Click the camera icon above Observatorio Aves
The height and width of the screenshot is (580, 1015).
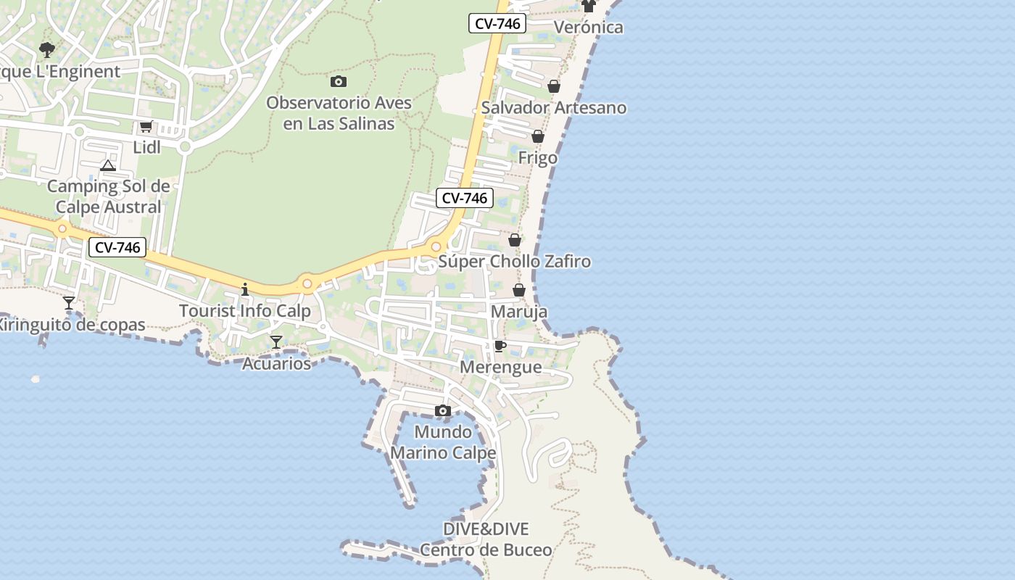[x=338, y=81]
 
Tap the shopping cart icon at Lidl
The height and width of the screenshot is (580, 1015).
[x=146, y=127]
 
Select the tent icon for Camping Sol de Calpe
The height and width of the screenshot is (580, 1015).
[x=108, y=165]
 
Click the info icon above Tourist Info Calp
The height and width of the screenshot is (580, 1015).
[x=245, y=289]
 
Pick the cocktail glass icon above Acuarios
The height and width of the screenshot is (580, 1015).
[x=276, y=341]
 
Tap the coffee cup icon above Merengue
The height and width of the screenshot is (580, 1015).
[x=500, y=346]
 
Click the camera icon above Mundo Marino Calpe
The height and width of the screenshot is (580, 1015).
[x=443, y=411]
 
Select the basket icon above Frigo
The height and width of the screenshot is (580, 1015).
[x=538, y=136]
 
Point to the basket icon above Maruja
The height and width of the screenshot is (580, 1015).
[x=519, y=291]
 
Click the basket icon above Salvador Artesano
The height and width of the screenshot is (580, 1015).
[x=554, y=86]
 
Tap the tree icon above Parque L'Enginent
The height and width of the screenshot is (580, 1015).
[x=47, y=50]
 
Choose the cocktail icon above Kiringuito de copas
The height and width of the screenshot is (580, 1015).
[x=69, y=302]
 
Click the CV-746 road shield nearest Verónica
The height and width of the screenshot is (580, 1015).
[x=497, y=23]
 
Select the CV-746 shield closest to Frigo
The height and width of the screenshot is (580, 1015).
[x=465, y=197]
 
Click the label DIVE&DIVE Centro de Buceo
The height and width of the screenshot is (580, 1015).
[x=486, y=539]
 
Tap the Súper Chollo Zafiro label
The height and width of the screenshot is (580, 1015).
[x=514, y=261]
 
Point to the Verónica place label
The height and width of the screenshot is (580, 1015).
[x=588, y=28]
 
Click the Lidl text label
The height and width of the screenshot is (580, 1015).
[x=146, y=147]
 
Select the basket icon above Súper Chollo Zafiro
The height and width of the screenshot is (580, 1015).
[x=515, y=240]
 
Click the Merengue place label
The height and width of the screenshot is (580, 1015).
[x=500, y=367]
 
